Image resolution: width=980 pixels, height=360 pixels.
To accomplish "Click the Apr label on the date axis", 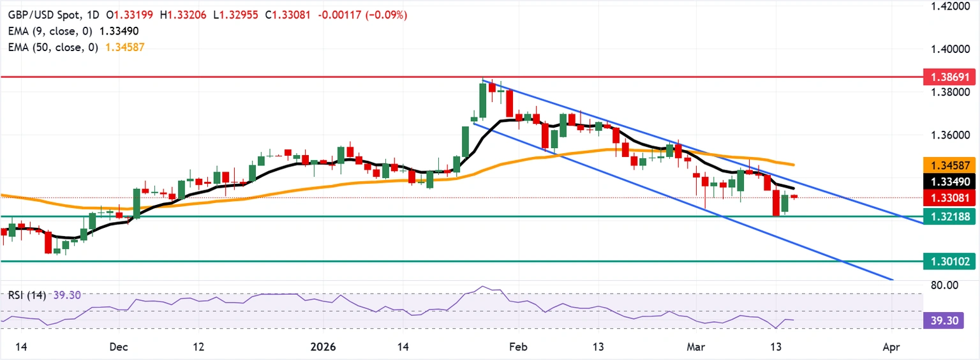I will (x=891, y=347).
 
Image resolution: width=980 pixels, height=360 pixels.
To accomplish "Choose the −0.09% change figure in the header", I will (x=387, y=15).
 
